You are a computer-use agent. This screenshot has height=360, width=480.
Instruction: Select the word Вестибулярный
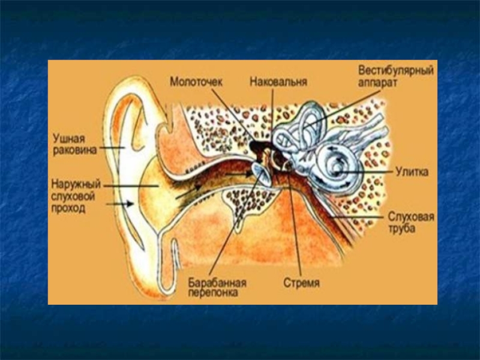tap(396, 70)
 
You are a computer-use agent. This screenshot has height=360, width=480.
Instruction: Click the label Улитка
tap(411, 172)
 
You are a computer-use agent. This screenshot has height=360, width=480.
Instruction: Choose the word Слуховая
tap(411, 217)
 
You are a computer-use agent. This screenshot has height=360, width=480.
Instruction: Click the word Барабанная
tap(217, 282)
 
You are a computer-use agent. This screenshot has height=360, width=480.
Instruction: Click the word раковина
tap(73, 151)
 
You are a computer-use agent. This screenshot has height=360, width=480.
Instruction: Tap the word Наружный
tap(76, 185)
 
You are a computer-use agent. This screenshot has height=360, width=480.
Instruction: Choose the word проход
tap(67, 209)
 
